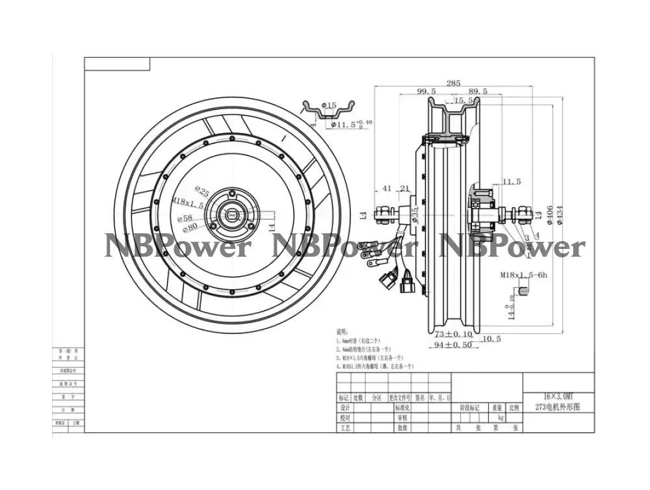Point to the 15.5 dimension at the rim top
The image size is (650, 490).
click(x=463, y=101)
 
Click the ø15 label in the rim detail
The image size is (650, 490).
click(x=329, y=105)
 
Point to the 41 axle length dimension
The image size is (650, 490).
click(x=387, y=188)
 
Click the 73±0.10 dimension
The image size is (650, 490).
click(x=454, y=333)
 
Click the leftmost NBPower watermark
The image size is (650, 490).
click(x=176, y=247)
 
